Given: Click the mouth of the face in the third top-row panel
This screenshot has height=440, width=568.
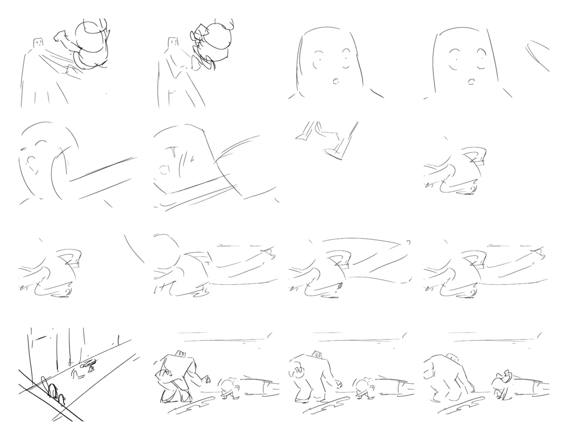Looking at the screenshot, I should tap(336, 81).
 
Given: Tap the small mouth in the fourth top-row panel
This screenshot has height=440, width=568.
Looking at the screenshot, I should tap(471, 82).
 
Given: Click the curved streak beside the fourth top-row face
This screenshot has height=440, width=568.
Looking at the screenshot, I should tap(537, 55).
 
